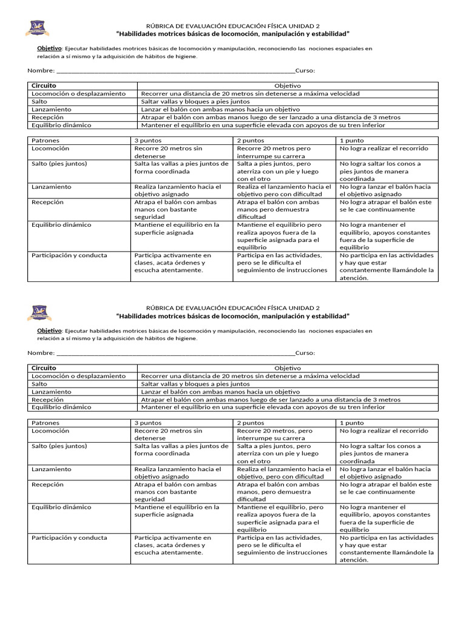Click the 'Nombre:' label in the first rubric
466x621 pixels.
click(x=41, y=71)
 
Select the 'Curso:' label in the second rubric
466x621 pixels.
click(x=305, y=353)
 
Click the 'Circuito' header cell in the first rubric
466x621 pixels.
click(x=44, y=86)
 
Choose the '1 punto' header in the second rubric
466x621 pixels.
click(x=352, y=423)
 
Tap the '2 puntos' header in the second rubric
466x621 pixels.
click(x=251, y=423)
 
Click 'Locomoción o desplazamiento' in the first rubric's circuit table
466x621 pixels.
click(x=79, y=94)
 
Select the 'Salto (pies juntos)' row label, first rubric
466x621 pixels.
click(x=59, y=164)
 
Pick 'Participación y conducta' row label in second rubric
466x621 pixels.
click(x=69, y=537)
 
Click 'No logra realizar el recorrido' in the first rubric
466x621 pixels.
click(x=383, y=149)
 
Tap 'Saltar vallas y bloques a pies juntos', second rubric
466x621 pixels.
click(x=195, y=384)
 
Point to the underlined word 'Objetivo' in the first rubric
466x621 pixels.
click(x=50, y=48)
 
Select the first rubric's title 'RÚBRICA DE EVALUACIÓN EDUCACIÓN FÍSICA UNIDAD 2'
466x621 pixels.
click(x=233, y=26)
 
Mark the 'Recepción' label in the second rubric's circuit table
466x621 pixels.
click(x=47, y=400)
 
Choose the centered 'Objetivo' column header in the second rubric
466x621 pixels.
click(x=288, y=368)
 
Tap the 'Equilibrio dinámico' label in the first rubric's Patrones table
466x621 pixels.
click(x=61, y=225)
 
